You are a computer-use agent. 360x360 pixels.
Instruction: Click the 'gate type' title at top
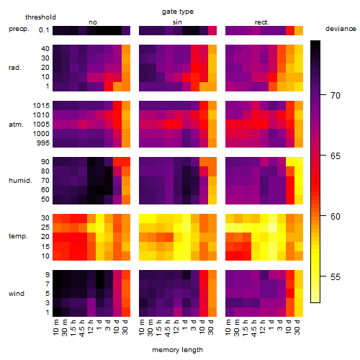pyautogui.click(x=178, y=12)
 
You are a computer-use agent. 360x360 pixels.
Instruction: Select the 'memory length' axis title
pyautogui.click(x=177, y=350)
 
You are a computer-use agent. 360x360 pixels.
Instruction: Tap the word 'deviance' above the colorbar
pyautogui.click(x=341, y=29)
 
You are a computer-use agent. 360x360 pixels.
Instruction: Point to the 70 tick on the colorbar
pyautogui.click(x=323, y=95)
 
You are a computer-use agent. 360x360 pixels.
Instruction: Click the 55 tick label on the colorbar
pyautogui.click(x=336, y=277)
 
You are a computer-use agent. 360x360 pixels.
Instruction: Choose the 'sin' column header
pyautogui.click(x=177, y=22)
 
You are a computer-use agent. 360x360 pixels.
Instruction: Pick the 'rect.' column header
pyautogui.click(x=261, y=22)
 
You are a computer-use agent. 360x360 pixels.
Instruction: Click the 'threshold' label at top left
pyautogui.click(x=40, y=17)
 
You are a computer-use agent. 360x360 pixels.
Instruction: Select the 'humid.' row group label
pyautogui.click(x=20, y=181)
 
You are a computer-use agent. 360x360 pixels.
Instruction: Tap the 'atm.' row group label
pyautogui.click(x=16, y=125)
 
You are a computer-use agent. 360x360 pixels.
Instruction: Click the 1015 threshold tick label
pyautogui.click(x=41, y=106)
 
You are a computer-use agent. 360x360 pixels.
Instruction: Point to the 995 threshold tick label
pyautogui.click(x=43, y=143)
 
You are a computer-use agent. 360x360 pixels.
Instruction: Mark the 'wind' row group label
pyautogui.click(x=17, y=294)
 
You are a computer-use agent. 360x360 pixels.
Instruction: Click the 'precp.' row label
pyautogui.click(x=19, y=29)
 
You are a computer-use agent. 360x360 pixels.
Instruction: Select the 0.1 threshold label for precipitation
pyautogui.click(x=44, y=30)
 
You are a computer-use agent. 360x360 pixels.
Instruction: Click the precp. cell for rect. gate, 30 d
pyautogui.click(x=299, y=30)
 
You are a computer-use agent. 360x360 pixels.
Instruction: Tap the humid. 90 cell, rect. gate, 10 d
pyautogui.click(x=290, y=162)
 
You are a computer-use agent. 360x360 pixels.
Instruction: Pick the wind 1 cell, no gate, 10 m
pyautogui.click(x=57, y=312)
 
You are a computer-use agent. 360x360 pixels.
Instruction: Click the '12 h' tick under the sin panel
pyautogui.click(x=176, y=327)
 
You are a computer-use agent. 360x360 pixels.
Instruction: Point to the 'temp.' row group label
pyautogui.click(x=18, y=236)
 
